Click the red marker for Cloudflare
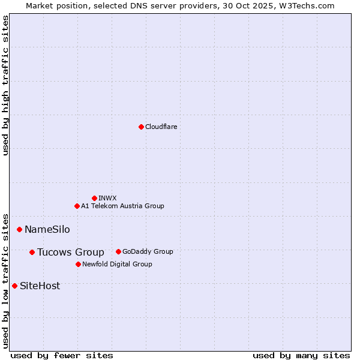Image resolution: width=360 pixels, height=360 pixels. [x=141, y=127]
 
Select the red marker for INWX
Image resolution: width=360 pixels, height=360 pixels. [x=94, y=198]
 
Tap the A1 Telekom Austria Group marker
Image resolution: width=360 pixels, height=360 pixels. [x=77, y=206]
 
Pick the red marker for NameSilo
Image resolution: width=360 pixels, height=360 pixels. [x=19, y=229]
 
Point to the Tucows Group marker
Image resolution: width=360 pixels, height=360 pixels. [x=32, y=252]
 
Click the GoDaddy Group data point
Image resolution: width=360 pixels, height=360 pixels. [x=118, y=251]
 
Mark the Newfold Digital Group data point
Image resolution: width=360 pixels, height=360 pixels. [x=78, y=264]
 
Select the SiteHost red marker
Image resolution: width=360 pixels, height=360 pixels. [x=14, y=286]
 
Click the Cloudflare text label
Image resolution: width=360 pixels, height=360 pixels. [x=161, y=127]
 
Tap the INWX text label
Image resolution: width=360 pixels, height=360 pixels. [x=107, y=198]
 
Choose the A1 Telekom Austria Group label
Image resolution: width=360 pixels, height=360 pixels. [x=122, y=206]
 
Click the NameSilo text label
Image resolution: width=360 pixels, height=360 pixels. [x=47, y=229]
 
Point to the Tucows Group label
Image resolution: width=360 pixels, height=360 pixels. [x=70, y=252]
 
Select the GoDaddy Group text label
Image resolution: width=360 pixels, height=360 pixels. [x=148, y=251]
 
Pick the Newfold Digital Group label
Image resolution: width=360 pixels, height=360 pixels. [x=117, y=264]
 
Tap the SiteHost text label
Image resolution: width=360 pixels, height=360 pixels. [x=40, y=286]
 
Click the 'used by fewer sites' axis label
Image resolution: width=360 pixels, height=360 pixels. [x=62, y=355]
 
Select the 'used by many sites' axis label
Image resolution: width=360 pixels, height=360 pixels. [x=301, y=355]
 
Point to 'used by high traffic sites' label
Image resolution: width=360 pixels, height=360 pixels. [x=5, y=85]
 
